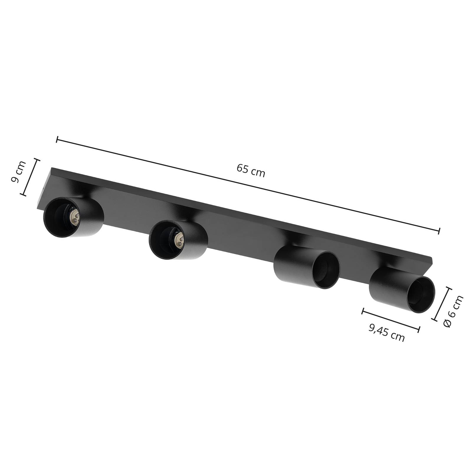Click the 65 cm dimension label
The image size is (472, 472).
251,171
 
